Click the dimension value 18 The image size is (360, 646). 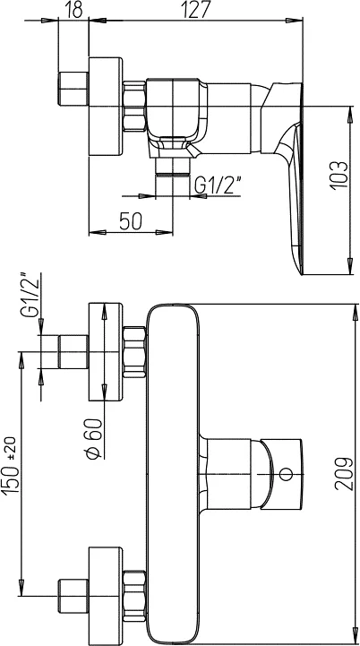[x=73, y=9]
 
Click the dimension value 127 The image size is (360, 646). [x=196, y=9]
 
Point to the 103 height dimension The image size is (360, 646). [x=339, y=175]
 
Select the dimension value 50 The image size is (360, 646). [x=131, y=221]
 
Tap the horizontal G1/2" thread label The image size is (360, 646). [x=218, y=185]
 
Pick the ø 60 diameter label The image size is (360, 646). [x=93, y=437]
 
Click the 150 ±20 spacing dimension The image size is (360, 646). [x=11, y=466]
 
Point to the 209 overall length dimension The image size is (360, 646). [x=345, y=473]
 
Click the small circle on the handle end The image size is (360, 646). [x=286, y=474]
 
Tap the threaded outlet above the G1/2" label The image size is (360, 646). [x=173, y=167]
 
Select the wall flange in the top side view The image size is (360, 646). [x=106, y=107]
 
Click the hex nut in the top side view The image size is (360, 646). [x=134, y=107]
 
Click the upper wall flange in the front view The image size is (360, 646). [x=106, y=352]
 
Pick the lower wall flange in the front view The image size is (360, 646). [x=106, y=596]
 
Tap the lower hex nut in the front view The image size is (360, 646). [x=134, y=596]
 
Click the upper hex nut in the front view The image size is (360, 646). [x=134, y=352]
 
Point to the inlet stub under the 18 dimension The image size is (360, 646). [x=73, y=89]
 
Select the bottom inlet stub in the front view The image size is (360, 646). [x=73, y=596]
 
